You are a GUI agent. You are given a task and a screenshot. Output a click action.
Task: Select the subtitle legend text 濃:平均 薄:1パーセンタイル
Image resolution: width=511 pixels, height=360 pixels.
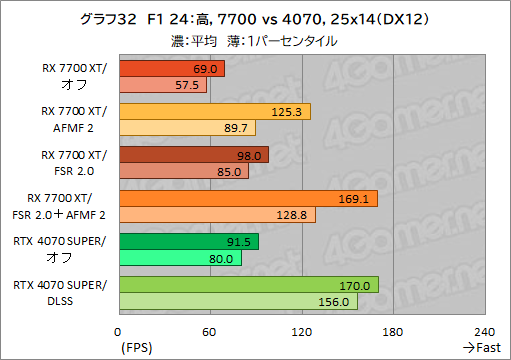coord(254,41)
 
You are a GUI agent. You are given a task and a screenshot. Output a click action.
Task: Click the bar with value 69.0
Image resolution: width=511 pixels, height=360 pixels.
coord(171,68)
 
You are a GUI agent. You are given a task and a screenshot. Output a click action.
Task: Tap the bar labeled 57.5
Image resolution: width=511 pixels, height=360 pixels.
coord(162,85)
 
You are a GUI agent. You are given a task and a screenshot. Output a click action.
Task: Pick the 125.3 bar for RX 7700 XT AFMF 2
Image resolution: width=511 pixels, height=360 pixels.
coord(214,111)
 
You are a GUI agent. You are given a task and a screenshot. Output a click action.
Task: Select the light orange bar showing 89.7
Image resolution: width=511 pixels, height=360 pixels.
coord(187,128)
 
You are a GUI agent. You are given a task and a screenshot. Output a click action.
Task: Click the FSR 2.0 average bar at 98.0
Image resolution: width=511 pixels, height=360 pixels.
coord(193,154)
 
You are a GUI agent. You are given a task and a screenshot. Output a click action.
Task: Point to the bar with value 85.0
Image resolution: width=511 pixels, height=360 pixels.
coord(183,171)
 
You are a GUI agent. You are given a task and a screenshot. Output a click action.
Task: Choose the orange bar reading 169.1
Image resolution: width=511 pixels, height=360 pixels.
coord(247,198)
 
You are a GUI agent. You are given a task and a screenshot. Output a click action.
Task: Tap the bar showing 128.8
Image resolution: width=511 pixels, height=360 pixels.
coord(217,214)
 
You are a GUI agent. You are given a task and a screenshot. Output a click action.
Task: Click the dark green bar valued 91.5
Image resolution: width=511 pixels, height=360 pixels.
coord(188,241)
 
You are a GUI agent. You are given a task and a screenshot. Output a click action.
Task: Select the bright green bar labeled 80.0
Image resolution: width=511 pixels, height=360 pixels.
coord(180,258)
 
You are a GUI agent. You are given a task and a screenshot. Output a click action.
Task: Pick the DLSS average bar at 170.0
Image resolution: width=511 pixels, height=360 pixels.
coord(248,285)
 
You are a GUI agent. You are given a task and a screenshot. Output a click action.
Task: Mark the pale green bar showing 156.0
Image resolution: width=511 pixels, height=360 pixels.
coord(237,301)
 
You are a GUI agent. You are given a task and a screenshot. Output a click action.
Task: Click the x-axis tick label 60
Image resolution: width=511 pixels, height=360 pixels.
coord(210,332)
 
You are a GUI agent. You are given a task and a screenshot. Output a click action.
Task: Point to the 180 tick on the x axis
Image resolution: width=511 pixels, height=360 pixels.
coord(393,332)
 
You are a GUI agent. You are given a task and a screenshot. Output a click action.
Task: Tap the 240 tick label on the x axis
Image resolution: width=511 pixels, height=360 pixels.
coord(484,332)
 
